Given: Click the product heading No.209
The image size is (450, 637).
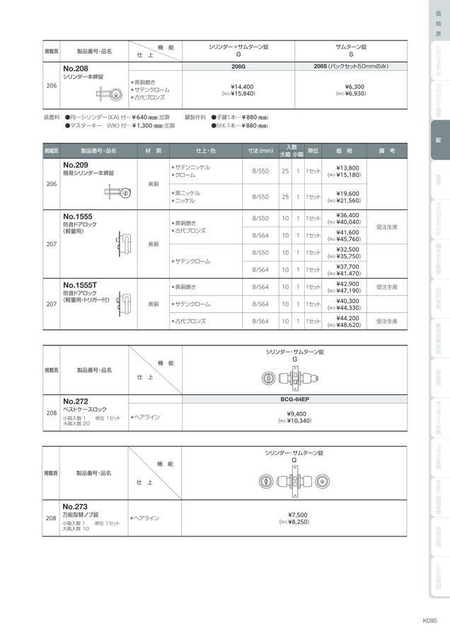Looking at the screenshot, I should click(x=75, y=165).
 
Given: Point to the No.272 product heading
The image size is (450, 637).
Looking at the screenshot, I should click(x=75, y=401).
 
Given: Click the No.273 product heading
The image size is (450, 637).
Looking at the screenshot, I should click(x=75, y=506).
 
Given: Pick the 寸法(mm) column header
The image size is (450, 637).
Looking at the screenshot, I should click(x=260, y=151).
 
